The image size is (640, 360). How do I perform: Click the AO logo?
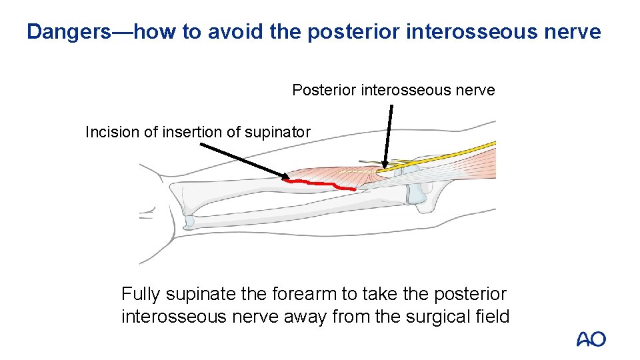[x=591, y=339]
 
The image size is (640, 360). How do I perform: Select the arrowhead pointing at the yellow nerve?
[x=385, y=164]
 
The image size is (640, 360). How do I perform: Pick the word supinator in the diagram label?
[x=279, y=132]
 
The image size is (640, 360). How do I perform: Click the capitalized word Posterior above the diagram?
[x=324, y=90]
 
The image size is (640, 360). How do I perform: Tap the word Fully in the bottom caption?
[x=141, y=294]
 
